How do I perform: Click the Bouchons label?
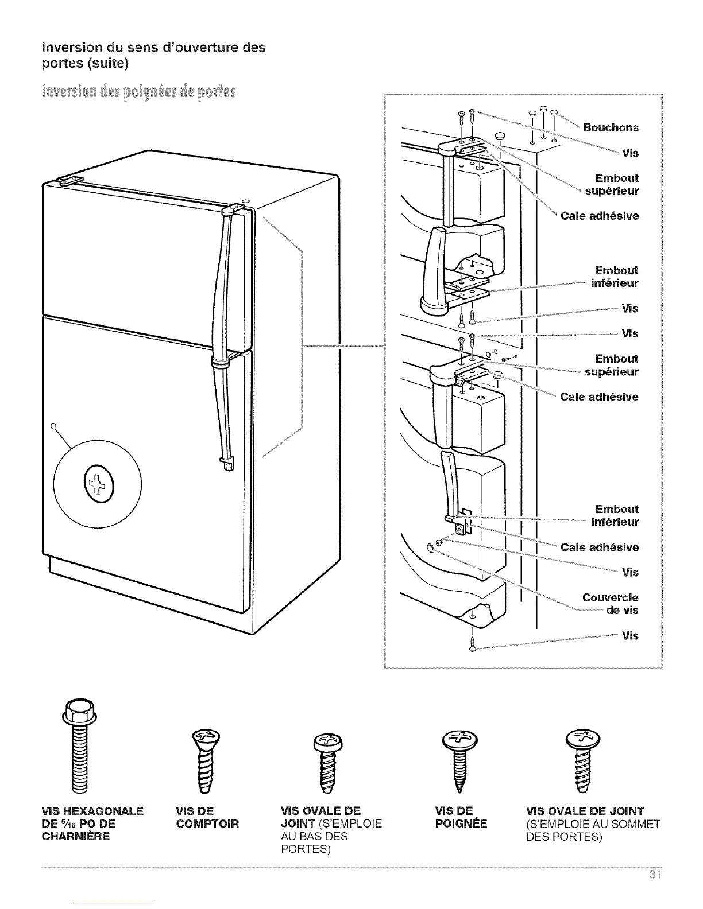610,127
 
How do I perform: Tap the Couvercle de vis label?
610,604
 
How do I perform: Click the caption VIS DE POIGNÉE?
461,817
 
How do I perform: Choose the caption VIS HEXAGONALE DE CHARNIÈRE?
92,823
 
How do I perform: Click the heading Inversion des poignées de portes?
138,92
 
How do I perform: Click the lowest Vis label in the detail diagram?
629,635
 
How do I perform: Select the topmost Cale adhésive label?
599,216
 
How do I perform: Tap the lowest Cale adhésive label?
599,547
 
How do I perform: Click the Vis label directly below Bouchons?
629,153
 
